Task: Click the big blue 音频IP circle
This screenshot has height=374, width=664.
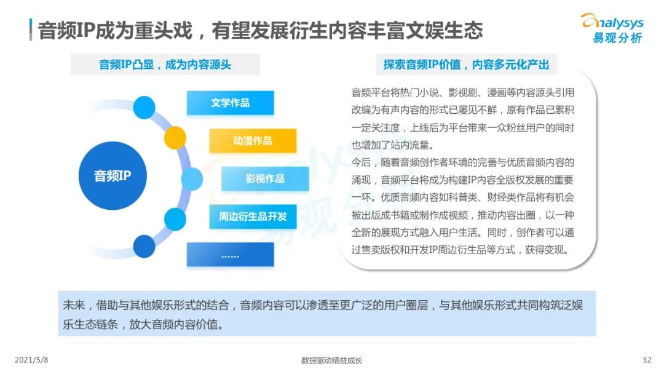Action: tap(113, 176)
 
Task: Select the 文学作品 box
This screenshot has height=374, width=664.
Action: tap(230, 103)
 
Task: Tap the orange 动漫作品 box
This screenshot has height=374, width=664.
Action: tap(253, 141)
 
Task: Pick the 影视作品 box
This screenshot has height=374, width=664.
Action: tap(265, 178)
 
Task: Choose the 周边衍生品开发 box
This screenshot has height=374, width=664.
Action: tap(253, 217)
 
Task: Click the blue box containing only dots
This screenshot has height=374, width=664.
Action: tap(230, 255)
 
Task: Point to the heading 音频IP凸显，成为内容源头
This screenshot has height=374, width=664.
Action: tap(165, 65)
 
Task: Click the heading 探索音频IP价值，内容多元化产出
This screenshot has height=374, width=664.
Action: tap(465, 65)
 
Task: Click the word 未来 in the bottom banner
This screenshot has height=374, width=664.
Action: tap(73, 306)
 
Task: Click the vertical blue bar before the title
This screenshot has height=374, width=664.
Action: tap(31, 30)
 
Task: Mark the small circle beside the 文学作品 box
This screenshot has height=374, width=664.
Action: tap(144, 107)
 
